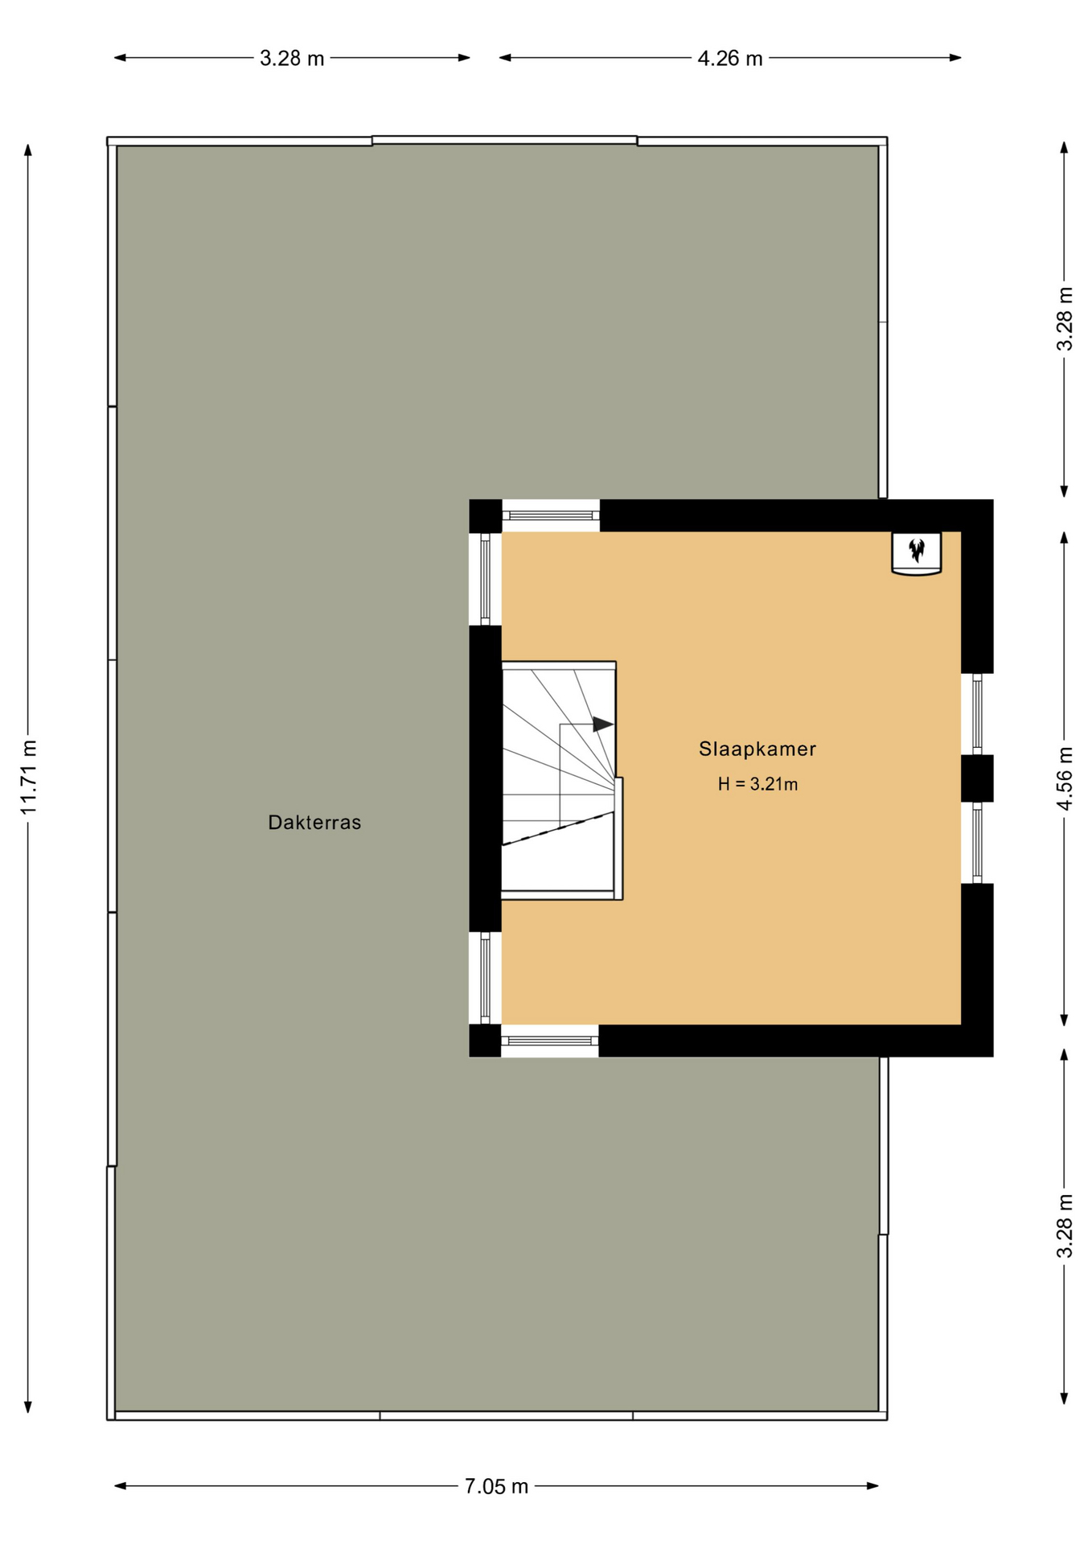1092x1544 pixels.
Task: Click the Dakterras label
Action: point(314,823)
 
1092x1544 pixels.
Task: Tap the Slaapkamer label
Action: point(757,749)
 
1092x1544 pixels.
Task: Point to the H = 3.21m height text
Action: point(757,784)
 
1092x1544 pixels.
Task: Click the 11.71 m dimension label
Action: point(29,777)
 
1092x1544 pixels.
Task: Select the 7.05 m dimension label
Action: point(496,1486)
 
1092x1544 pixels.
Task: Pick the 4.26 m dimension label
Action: point(729,58)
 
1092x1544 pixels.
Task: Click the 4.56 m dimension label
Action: point(1065,778)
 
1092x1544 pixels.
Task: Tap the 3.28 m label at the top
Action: point(292,58)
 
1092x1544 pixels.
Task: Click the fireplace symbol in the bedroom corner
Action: point(917,553)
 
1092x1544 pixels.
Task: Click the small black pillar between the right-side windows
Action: point(977,778)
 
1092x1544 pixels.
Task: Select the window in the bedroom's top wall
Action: point(551,515)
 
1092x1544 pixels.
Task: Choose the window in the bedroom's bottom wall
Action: point(550,1041)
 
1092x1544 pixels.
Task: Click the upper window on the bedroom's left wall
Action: point(486,579)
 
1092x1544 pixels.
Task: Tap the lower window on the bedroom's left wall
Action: point(486,978)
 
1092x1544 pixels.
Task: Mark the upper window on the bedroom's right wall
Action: point(977,713)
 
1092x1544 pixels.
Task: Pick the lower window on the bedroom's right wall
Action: point(977,843)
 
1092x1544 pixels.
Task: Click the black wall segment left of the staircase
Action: point(486,778)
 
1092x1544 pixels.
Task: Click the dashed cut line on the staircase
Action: point(558,828)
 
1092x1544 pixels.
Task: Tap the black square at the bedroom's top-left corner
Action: point(486,515)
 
